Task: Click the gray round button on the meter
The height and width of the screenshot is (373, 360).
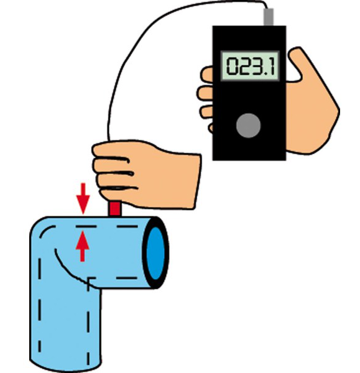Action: pos(248,126)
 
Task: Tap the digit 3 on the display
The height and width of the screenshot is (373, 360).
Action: pos(257,66)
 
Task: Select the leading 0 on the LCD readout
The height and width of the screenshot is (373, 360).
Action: pos(232,66)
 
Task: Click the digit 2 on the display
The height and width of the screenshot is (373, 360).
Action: pos(244,66)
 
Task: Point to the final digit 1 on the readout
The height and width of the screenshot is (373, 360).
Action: pos(272,66)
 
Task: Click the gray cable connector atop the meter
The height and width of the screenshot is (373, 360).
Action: pos(269,17)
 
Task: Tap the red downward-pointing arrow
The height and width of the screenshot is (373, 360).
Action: pos(83,198)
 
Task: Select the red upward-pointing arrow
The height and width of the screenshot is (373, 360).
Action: pos(83,246)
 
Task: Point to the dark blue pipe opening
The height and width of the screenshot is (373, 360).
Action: pos(156,253)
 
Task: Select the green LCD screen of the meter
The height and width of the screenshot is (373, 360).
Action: pos(250,66)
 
